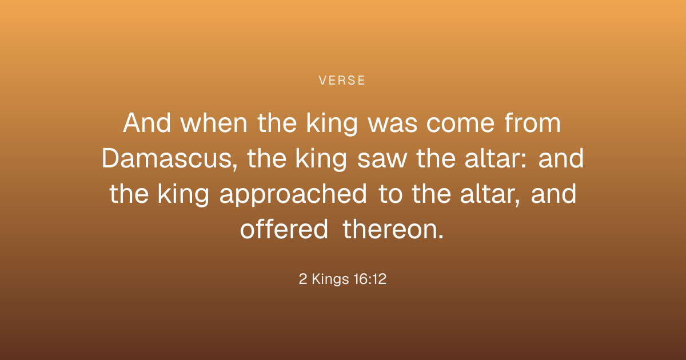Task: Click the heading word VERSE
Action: [342, 81]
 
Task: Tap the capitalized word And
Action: [147, 123]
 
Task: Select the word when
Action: [213, 123]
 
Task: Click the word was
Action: [392, 126]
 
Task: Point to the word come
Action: [460, 126]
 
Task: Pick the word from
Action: [533, 123]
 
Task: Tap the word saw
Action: [382, 161]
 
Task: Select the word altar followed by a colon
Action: [496, 158]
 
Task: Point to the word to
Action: [390, 195]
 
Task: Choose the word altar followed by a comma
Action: [490, 194]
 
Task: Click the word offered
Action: [284, 229]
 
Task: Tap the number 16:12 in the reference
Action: [370, 279]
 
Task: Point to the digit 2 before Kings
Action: [303, 279]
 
